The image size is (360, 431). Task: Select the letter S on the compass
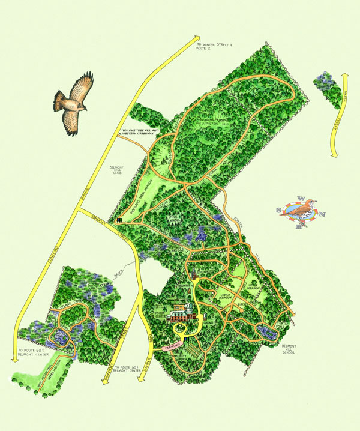[x=278, y=210]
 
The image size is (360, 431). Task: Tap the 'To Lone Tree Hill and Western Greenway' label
[x=141, y=132]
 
